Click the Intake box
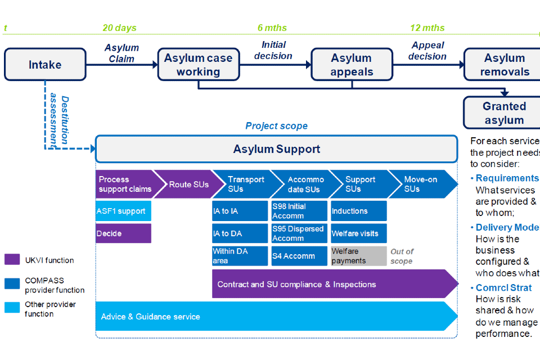[45, 64]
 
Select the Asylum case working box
[198, 64]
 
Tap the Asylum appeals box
[352, 64]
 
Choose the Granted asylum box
[503, 112]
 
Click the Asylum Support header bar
[276, 149]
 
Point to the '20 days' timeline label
[119, 28]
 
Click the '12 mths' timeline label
[427, 28]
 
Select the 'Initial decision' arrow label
[273, 50]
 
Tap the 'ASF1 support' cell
[123, 211]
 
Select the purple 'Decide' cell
[123, 233]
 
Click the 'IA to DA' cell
[240, 233]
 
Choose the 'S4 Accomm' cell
[299, 256]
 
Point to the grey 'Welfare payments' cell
[358, 256]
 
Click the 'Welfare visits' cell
[358, 233]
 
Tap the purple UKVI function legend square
[12, 260]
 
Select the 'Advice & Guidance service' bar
[276, 316]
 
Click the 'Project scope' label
[276, 126]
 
